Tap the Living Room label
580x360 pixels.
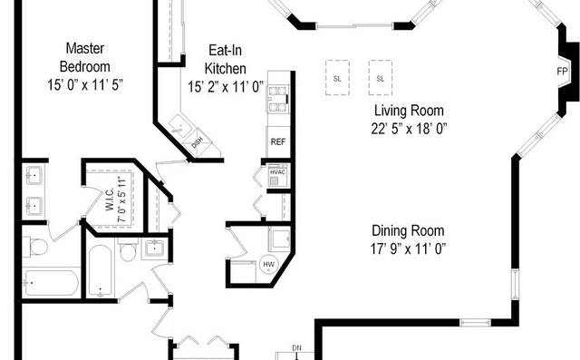pos(411,111)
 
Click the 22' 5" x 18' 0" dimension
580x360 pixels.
pos(411,128)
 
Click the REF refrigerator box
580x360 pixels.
pos(277,141)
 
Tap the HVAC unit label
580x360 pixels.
pos(278,172)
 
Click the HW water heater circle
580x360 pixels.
pos(268,264)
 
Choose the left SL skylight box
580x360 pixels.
pos(337,78)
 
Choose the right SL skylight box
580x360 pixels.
pos(380,78)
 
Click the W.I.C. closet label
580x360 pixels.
pos(116,191)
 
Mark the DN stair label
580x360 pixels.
pos(296,347)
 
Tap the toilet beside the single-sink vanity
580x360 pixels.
pos(128,250)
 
